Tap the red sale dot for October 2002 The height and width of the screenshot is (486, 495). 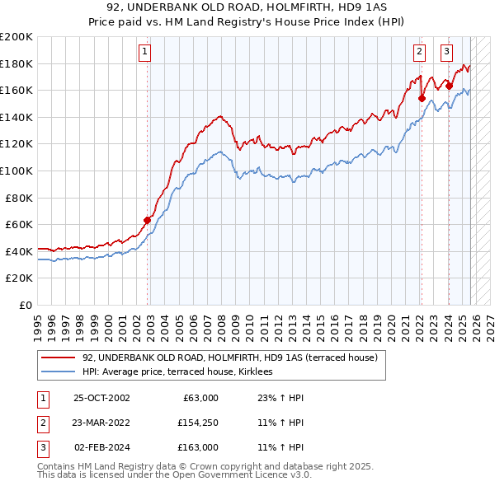[x=148, y=220]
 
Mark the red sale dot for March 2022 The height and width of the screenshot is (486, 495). [x=422, y=98]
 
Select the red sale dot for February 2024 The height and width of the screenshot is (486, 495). [x=449, y=86]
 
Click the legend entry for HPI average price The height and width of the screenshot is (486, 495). [x=183, y=372]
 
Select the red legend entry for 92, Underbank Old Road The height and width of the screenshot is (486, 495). [x=229, y=357]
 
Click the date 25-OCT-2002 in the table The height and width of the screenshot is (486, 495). [x=101, y=398]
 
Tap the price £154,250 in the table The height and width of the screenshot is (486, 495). [x=198, y=423]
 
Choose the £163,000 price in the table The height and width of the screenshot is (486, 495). [x=198, y=447]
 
